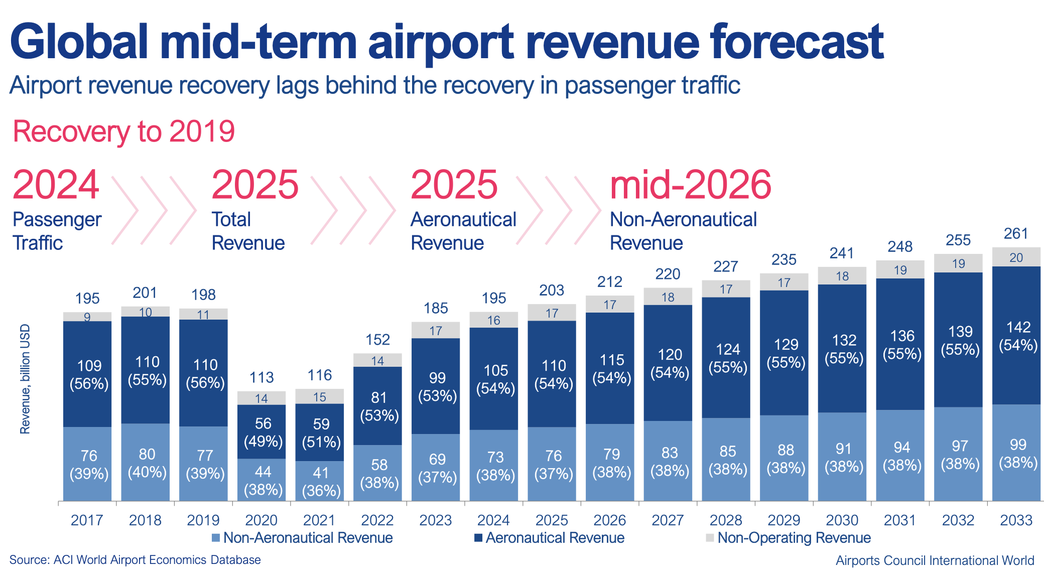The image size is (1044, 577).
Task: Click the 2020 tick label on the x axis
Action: pyautogui.click(x=261, y=520)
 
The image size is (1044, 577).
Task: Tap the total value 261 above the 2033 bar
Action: pyautogui.click(x=1016, y=233)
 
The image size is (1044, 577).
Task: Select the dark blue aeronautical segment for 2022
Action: pyautogui.click(x=377, y=406)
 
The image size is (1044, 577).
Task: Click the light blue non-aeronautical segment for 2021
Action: pyautogui.click(x=320, y=481)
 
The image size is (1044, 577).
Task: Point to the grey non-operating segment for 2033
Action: pyautogui.click(x=1016, y=257)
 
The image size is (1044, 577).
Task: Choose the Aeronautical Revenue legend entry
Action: pyautogui.click(x=549, y=538)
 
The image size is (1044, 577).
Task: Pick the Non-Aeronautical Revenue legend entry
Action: pyautogui.click(x=302, y=538)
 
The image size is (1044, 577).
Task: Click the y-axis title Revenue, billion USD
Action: pyautogui.click(x=25, y=379)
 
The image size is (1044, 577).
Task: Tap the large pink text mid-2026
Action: pyautogui.click(x=691, y=185)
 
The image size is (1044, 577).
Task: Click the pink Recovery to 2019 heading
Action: pyautogui.click(x=124, y=131)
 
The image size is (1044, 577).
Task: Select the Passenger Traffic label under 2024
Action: pyautogui.click(x=57, y=231)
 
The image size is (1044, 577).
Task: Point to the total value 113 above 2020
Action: pyautogui.click(x=262, y=377)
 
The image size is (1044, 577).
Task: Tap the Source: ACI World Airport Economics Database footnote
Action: pyautogui.click(x=135, y=560)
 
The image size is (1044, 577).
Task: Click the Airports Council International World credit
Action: pyautogui.click(x=935, y=560)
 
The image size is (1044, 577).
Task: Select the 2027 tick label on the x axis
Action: pyautogui.click(x=668, y=520)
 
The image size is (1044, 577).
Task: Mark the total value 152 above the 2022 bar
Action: pyautogui.click(x=377, y=340)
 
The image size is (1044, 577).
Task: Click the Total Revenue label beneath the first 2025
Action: pyautogui.click(x=248, y=231)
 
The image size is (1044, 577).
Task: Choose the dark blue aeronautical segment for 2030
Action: pyautogui.click(x=842, y=348)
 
